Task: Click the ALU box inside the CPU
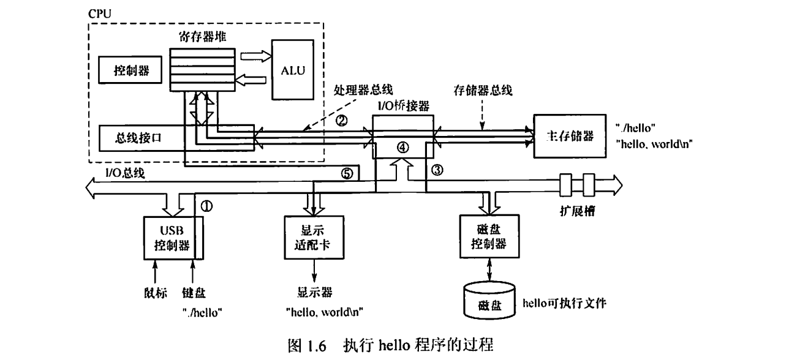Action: coord(289,69)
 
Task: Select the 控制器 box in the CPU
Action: coord(129,70)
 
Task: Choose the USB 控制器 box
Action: coord(169,238)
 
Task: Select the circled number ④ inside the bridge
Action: coord(402,147)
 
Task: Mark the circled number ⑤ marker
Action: coord(347,173)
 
